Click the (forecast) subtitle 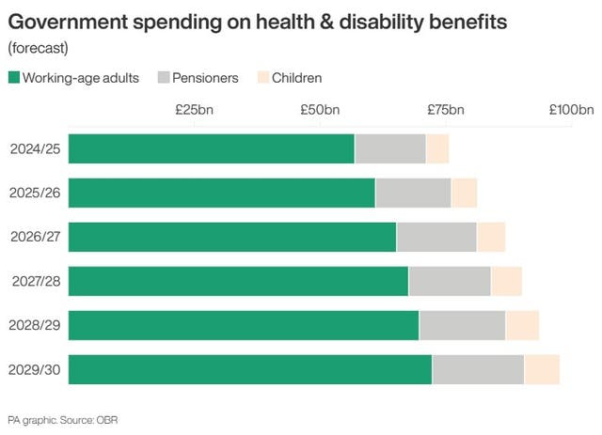click(x=37, y=48)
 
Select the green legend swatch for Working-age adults click(x=13, y=78)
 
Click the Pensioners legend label click(x=205, y=78)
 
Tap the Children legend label click(x=296, y=78)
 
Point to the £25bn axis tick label click(x=195, y=110)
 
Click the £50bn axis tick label click(x=320, y=110)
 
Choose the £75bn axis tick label click(x=446, y=110)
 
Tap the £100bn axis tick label click(x=572, y=110)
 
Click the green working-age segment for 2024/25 click(x=212, y=148)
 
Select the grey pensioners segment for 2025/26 click(x=413, y=193)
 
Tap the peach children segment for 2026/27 click(x=491, y=237)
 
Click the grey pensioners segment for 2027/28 click(x=450, y=281)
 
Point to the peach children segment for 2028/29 click(x=522, y=325)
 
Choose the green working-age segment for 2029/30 click(x=250, y=369)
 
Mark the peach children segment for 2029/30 click(x=542, y=369)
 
